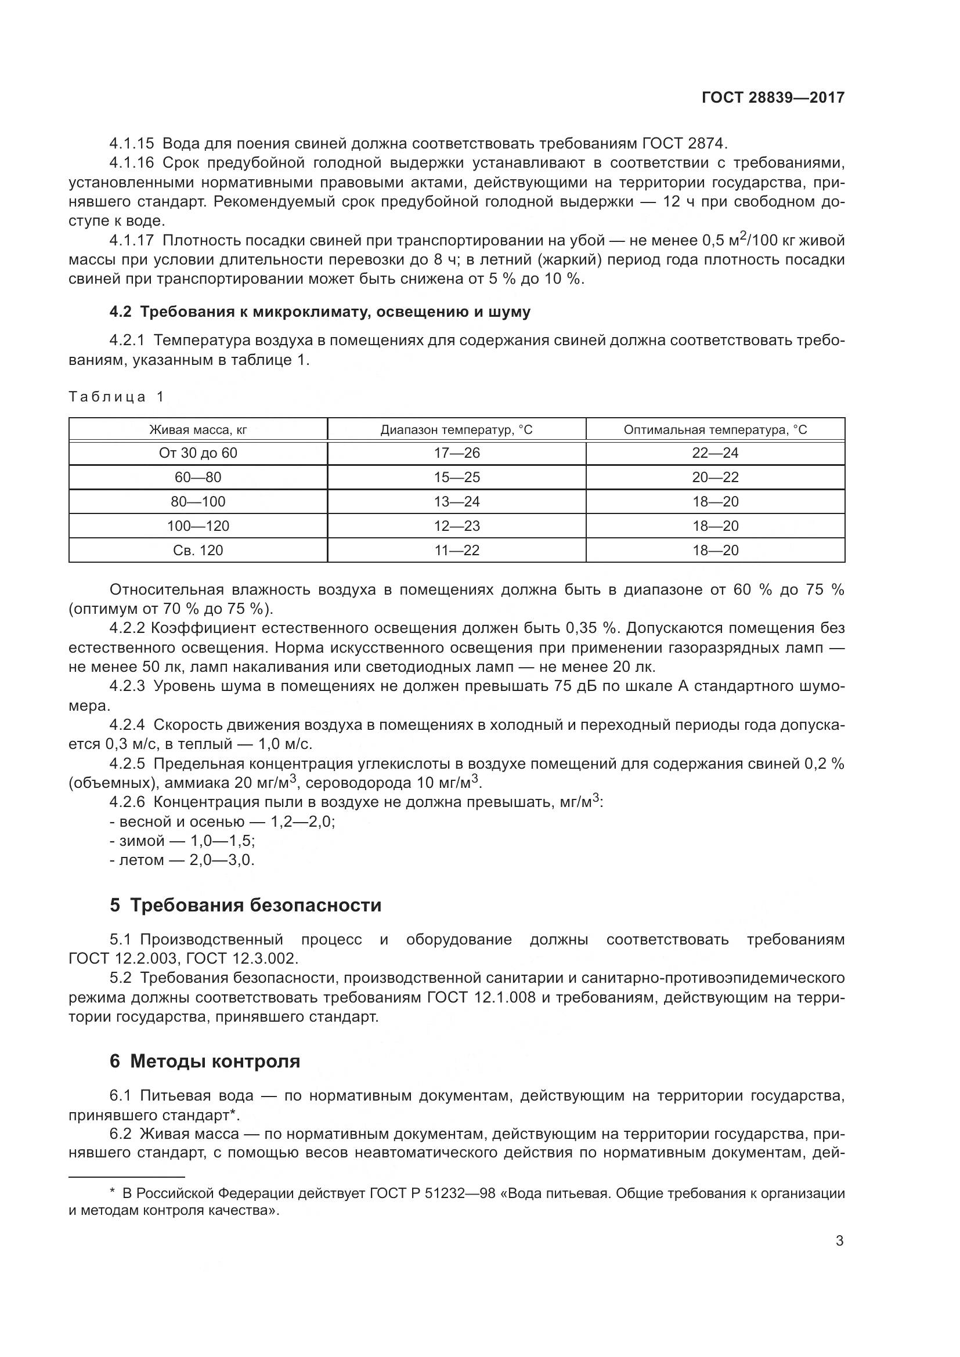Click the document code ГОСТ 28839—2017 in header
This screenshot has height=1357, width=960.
pos(773,97)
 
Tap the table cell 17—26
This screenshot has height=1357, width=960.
pos(456,453)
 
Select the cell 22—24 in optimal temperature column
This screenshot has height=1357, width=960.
pos(714,453)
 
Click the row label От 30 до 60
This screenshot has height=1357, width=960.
pos(198,453)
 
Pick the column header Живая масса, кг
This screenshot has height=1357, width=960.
pos(198,430)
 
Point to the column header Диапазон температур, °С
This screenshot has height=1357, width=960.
pos(456,430)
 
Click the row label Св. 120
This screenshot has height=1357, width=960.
pos(198,550)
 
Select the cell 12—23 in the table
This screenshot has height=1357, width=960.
pos(456,526)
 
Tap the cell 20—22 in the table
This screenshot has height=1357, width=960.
pos(714,477)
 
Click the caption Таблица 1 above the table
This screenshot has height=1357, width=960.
pos(117,397)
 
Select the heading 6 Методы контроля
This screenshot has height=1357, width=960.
pos(204,1061)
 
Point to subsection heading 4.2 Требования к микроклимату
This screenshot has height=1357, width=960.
pos(320,312)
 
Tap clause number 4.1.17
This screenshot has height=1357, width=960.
pos(131,241)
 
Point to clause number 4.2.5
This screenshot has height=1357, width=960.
pos(127,763)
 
